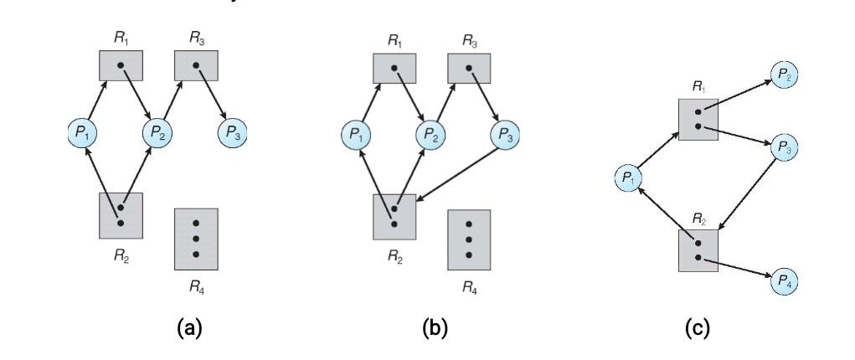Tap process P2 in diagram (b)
[x=431, y=133]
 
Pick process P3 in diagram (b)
[x=505, y=133]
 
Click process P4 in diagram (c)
[x=784, y=280]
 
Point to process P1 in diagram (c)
[x=629, y=177]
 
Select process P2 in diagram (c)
[x=784, y=75]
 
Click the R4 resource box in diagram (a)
[x=196, y=239]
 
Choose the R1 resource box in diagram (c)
[x=698, y=118]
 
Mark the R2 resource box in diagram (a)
[x=121, y=215]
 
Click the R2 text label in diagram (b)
[x=394, y=258]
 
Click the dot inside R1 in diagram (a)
[x=121, y=65]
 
